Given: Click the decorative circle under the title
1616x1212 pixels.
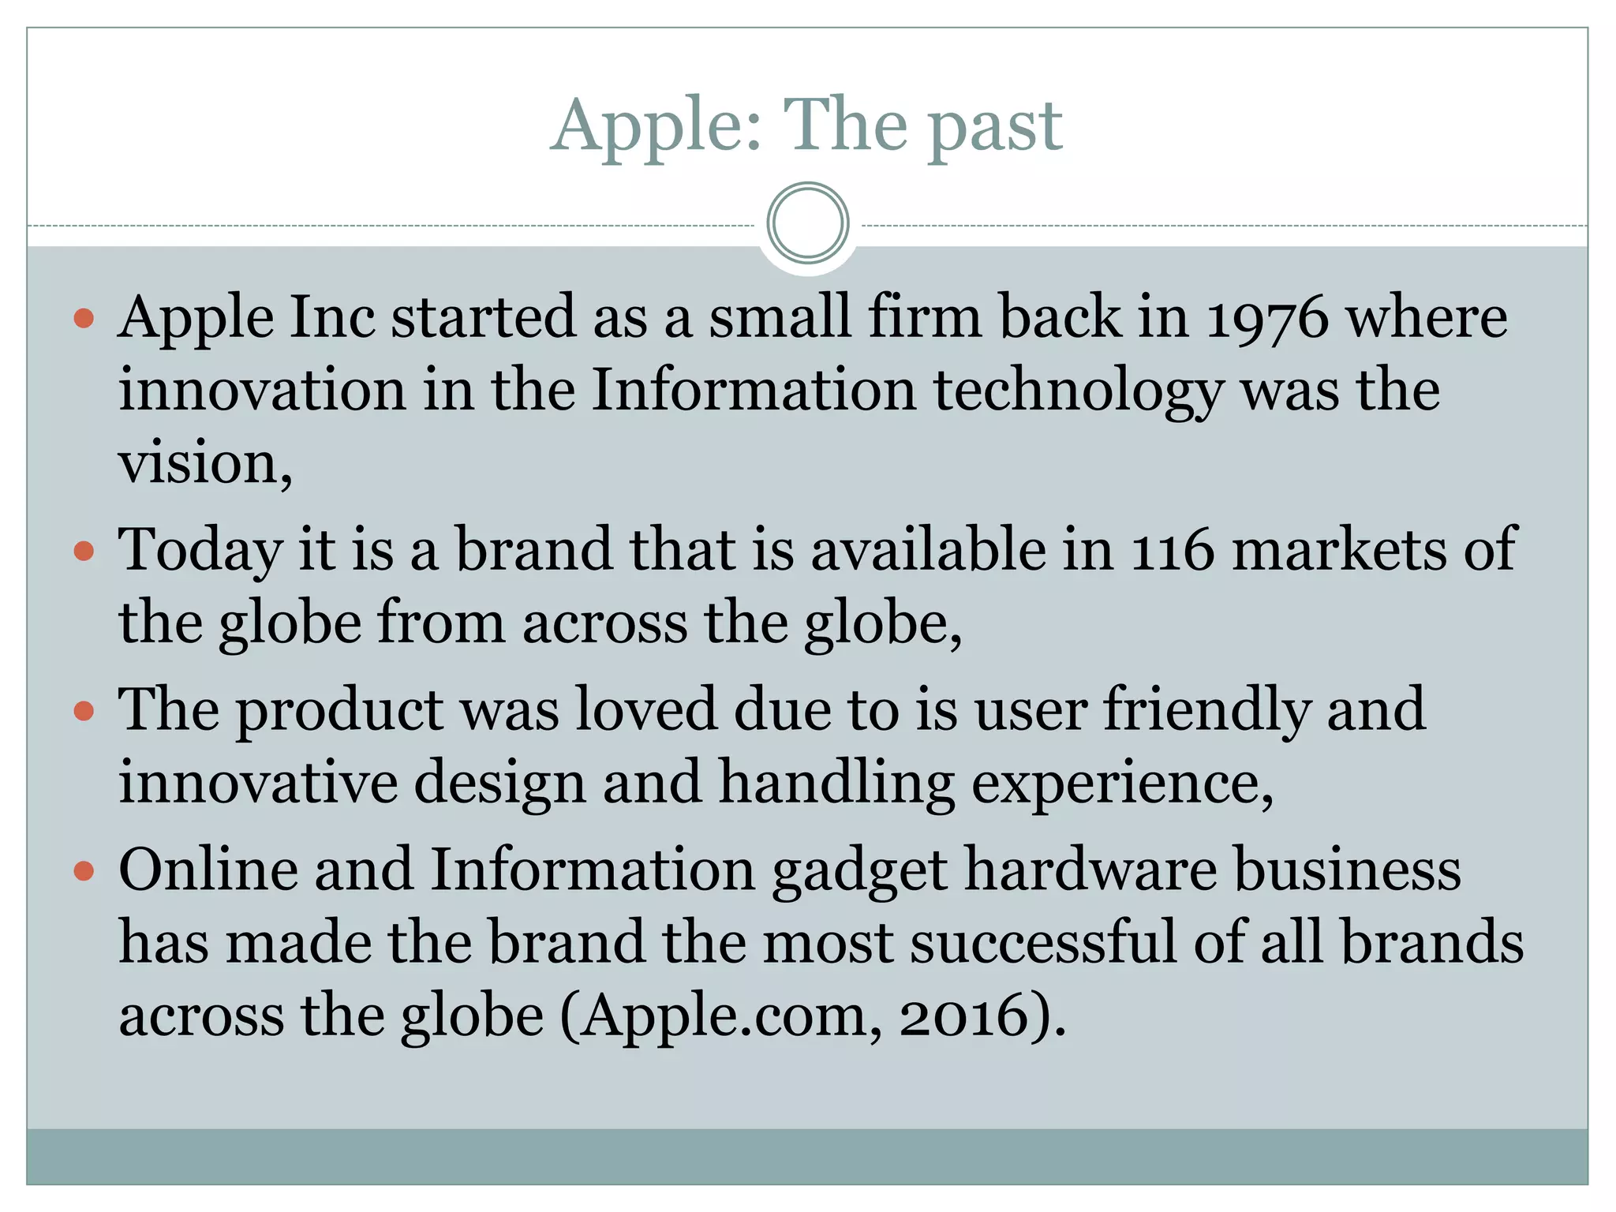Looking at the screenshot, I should point(807,223).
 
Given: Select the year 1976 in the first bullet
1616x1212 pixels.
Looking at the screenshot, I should point(1266,318).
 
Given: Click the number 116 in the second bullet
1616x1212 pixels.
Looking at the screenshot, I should point(1172,550).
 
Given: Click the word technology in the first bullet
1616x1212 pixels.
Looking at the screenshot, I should point(1079,392).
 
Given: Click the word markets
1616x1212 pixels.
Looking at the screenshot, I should point(1339,550).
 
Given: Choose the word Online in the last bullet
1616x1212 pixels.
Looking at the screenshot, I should point(209,870).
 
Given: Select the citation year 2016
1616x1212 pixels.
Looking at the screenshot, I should point(965,1016).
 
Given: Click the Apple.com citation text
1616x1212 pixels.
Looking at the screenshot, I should point(724,1018).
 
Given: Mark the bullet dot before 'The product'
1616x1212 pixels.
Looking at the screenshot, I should point(84,712).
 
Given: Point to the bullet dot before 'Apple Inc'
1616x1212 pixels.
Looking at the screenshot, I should point(84,319).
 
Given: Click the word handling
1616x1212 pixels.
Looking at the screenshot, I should point(836,784).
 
